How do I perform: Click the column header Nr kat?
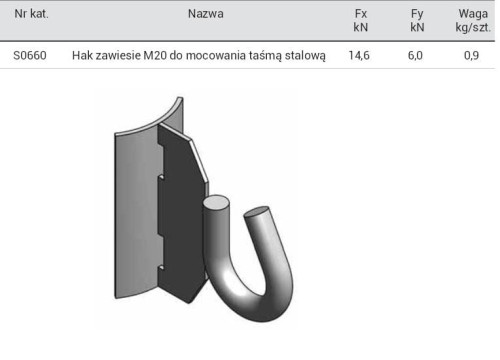point(31,14)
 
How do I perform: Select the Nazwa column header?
point(206,14)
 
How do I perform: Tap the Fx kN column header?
point(361,20)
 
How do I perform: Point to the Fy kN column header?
point(417,20)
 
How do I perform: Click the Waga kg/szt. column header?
point(473,20)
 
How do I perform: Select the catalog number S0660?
point(30,55)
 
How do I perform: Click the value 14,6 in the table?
point(359,55)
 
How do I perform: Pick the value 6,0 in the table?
point(415,55)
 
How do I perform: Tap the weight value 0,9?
point(471,55)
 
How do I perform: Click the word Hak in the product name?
point(80,55)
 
